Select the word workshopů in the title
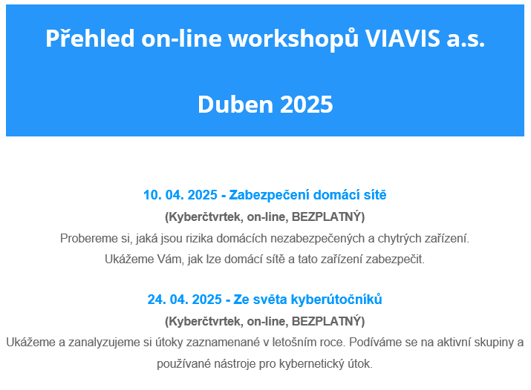tap(293, 39)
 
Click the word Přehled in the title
tap(90, 38)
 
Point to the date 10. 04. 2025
tap(180, 195)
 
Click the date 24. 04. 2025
tap(185, 300)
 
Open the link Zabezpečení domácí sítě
tap(307, 195)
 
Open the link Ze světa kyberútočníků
tap(307, 300)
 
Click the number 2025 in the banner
tap(307, 104)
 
